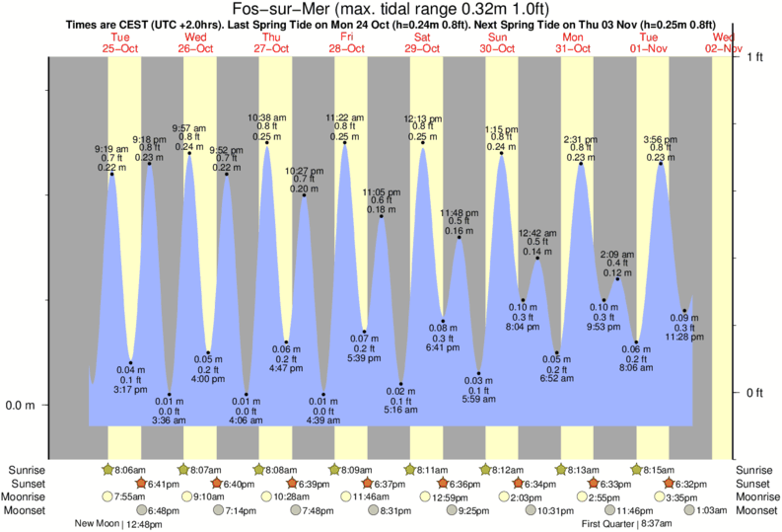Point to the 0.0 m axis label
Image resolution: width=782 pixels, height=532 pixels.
click(x=22, y=405)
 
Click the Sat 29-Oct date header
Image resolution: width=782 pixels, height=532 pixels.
click(x=423, y=41)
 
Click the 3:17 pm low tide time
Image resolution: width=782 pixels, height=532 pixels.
click(x=130, y=389)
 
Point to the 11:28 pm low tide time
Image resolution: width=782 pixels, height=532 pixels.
click(x=685, y=337)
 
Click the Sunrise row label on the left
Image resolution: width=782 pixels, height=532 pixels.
click(x=27, y=470)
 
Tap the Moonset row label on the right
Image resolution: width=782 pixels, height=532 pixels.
click(x=755, y=510)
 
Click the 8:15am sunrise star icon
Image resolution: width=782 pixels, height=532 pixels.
click(x=636, y=470)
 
